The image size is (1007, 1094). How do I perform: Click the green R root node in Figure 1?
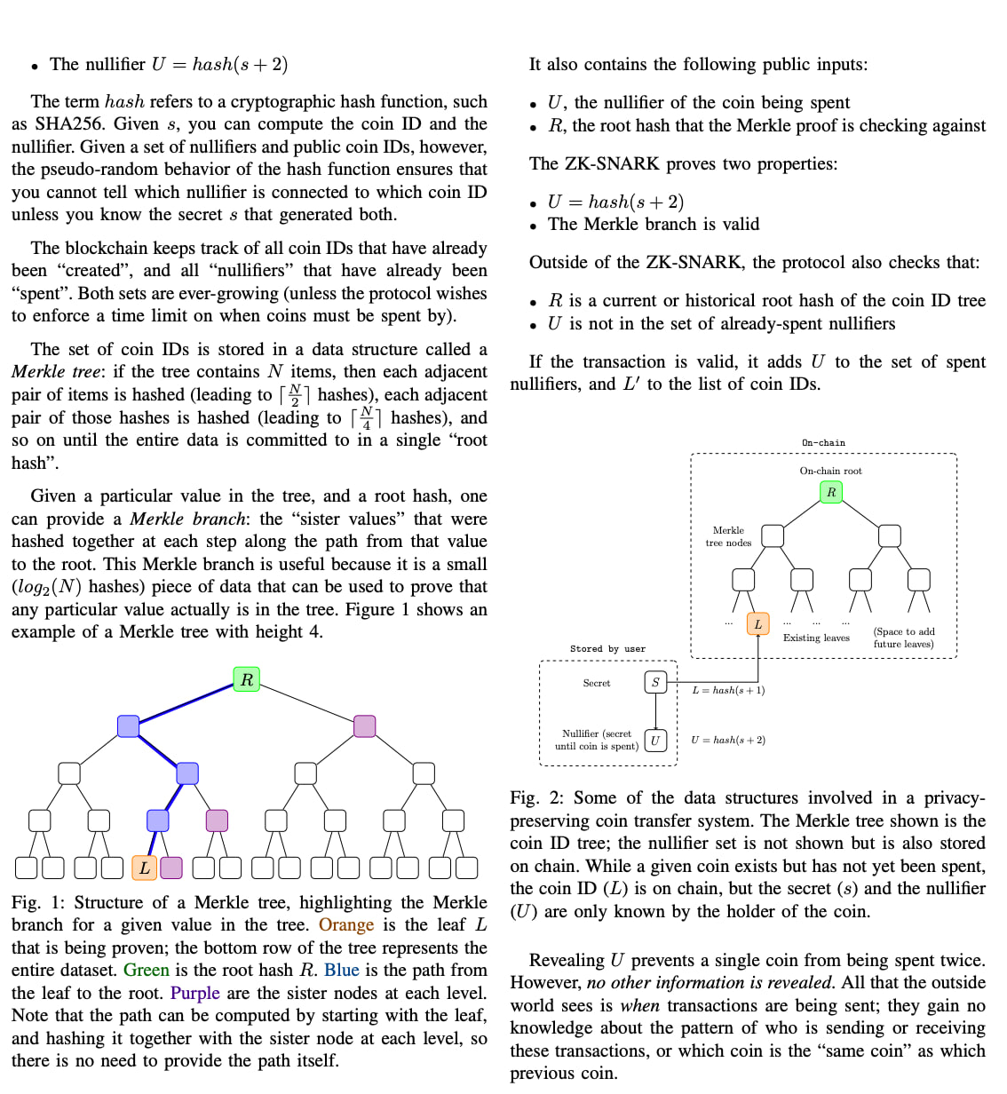click(x=247, y=679)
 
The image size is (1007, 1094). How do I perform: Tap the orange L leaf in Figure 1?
click(x=145, y=868)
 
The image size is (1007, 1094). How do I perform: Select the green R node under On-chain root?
click(x=831, y=492)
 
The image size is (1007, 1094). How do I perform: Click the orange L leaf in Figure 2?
click(x=757, y=624)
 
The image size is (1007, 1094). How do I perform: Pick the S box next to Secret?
click(x=655, y=682)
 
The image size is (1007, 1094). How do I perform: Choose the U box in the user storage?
click(x=655, y=740)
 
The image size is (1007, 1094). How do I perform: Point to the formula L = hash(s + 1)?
click(x=728, y=690)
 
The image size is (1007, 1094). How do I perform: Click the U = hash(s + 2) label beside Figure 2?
click(x=728, y=740)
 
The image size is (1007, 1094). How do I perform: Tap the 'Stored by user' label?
click(x=607, y=649)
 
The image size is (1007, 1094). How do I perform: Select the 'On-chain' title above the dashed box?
click(x=823, y=442)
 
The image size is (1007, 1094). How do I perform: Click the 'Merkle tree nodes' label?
click(x=728, y=536)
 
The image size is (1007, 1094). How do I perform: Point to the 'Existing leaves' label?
click(x=816, y=638)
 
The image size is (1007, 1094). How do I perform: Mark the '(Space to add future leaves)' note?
click(x=904, y=638)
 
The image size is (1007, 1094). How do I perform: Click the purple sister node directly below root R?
click(x=365, y=725)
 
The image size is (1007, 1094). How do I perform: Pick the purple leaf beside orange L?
click(x=171, y=868)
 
